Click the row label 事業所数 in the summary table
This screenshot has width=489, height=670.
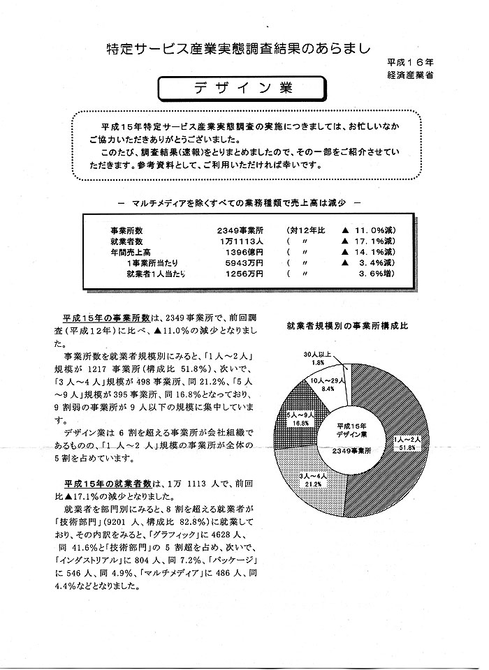(126, 228)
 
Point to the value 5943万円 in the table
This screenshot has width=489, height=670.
(245, 262)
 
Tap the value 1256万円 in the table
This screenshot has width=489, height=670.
(245, 274)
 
